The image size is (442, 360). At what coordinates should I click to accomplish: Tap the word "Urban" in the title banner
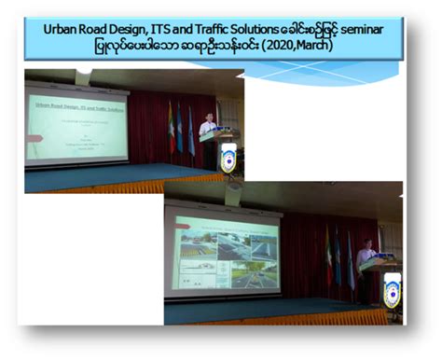point(62,29)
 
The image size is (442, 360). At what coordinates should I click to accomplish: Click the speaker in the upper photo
point(207,125)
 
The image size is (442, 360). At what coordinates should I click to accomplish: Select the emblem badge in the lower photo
point(393,292)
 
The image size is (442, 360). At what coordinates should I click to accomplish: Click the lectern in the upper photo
point(220,149)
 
